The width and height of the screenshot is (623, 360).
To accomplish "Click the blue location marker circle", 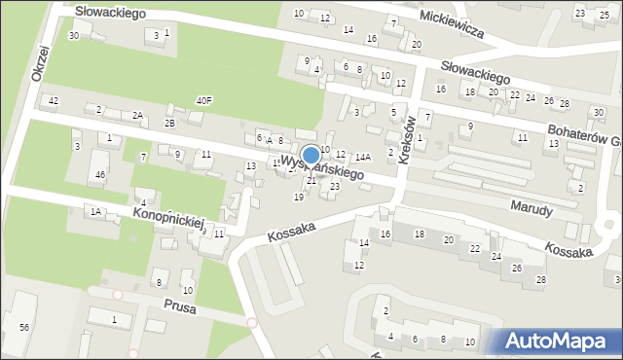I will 311,155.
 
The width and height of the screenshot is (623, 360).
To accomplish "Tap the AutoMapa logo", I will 557,340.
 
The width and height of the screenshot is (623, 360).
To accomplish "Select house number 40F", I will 203,100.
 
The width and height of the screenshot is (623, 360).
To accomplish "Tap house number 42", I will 54,101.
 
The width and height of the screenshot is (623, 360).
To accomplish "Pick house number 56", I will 24,327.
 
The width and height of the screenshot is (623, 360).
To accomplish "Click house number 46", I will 99,174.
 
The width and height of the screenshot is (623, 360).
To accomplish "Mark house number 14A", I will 362,157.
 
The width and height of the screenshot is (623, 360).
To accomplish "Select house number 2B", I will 169,123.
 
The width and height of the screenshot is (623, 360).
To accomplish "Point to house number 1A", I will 94,211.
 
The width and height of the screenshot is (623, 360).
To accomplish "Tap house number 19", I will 298,198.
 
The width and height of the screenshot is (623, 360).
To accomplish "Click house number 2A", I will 138,116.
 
